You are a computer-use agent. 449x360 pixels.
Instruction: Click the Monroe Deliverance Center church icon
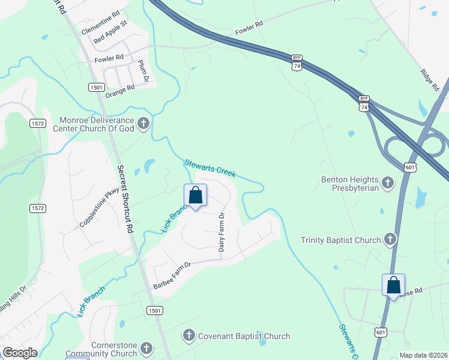[x=143, y=124]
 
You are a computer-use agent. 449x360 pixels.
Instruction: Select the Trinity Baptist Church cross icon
[x=390, y=240]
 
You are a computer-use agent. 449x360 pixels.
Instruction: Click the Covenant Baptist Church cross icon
[x=189, y=336]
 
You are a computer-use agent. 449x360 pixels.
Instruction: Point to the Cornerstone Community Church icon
[x=146, y=349]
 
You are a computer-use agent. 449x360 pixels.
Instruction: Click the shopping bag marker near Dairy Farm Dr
[x=195, y=196]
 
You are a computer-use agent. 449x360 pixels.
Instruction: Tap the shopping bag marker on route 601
[x=394, y=284]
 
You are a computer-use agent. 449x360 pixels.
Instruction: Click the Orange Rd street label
[x=120, y=90]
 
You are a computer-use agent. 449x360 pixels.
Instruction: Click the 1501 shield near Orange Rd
[x=96, y=87]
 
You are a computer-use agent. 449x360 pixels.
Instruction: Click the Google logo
[x=20, y=352]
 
